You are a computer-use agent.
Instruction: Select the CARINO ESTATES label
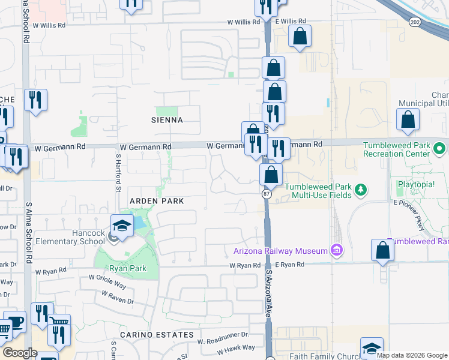157,334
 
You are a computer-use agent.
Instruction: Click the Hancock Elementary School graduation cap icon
122,226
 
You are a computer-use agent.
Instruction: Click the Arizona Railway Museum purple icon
336,250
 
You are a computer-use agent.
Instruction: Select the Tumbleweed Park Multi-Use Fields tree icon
361,190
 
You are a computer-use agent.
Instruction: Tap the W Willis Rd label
243,22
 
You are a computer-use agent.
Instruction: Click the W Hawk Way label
235,347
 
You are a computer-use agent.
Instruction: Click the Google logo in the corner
20,353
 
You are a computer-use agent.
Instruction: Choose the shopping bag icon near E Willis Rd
300,37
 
